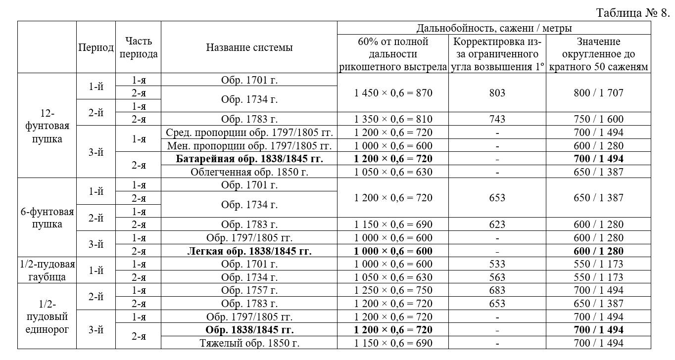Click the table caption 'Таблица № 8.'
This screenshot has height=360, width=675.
tap(632, 12)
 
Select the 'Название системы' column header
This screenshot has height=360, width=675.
tap(249, 47)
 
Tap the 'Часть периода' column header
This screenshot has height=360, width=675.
tap(139, 47)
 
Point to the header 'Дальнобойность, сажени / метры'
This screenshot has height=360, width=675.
tap(494, 28)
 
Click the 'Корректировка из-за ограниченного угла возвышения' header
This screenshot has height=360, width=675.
tap(497, 54)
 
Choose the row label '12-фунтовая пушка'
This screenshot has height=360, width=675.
tap(48, 126)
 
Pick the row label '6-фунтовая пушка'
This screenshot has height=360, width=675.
tap(48, 218)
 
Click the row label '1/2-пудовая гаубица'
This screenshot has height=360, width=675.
tap(48, 270)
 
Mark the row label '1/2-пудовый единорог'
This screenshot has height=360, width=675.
tap(48, 316)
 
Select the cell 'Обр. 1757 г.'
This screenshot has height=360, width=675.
tap(249, 290)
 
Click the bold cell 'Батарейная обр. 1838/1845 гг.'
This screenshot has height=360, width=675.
tap(249, 159)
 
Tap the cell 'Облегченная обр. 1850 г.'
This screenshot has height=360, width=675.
tap(249, 172)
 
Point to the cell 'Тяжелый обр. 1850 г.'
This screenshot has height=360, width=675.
tap(249, 343)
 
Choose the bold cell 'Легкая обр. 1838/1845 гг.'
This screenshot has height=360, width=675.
tap(249, 251)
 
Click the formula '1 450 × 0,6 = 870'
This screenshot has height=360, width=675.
tap(393, 93)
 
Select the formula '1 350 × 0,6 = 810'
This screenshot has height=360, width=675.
tap(393, 119)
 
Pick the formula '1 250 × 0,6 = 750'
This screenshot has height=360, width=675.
tap(393, 290)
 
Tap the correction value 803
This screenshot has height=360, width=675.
tap(497, 93)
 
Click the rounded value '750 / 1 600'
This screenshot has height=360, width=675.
tap(598, 119)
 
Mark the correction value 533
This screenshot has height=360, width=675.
tap(497, 264)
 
